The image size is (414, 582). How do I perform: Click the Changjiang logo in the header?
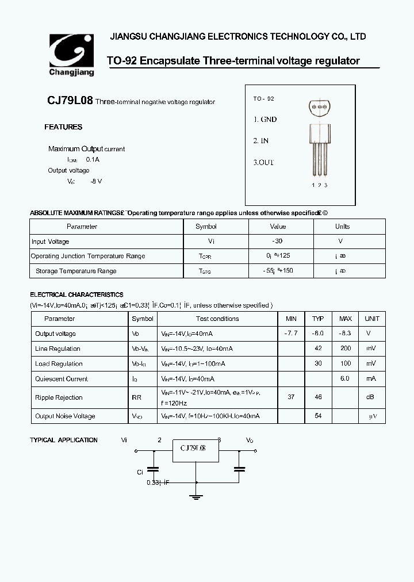(71, 55)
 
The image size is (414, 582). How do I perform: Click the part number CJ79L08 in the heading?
(70, 101)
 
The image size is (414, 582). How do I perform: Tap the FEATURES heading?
(63, 127)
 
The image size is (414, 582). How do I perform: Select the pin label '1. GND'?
(265, 120)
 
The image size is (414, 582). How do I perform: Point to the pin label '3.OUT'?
(264, 163)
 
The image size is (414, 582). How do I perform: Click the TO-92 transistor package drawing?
(319, 138)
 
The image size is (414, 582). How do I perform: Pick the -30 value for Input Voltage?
(278, 242)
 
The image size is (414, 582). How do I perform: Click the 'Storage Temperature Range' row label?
(76, 271)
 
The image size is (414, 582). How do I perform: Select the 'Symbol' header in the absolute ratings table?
(206, 227)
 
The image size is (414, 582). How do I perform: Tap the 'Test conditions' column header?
(217, 319)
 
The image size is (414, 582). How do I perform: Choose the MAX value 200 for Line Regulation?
(345, 349)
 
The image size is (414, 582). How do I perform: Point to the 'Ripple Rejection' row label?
(59, 397)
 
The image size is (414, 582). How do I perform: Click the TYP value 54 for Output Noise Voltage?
(318, 416)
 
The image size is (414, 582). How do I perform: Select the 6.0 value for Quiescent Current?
(345, 378)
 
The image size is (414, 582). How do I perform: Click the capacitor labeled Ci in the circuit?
(152, 470)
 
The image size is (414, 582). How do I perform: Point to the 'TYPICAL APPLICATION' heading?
(64, 440)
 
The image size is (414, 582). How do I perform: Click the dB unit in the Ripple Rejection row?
(371, 397)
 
